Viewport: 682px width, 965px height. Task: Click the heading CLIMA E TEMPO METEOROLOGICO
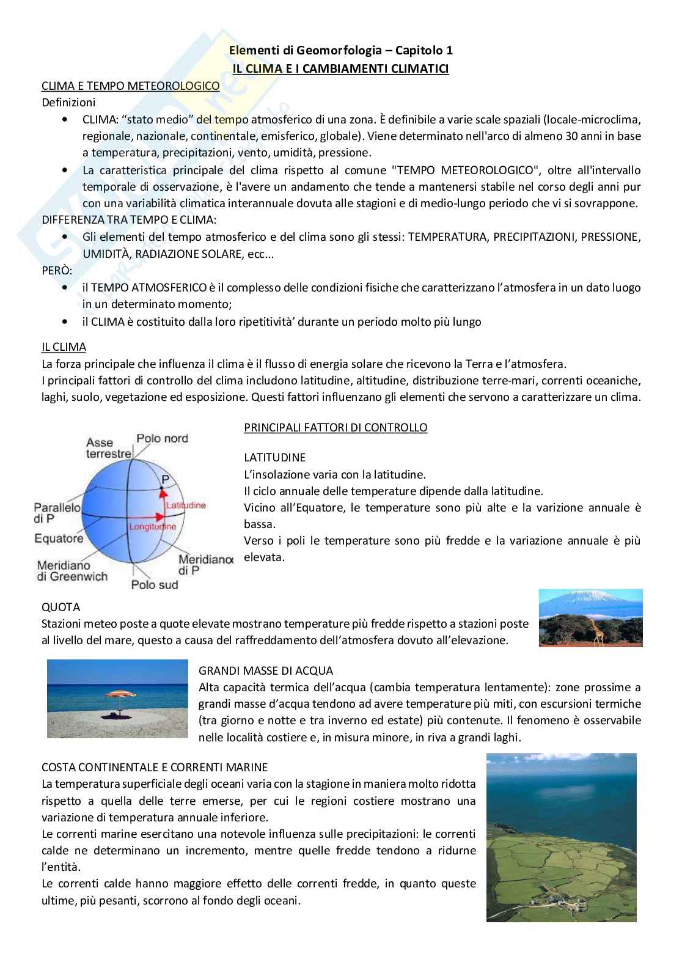130,86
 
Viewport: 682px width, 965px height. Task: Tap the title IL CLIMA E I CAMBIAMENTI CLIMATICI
340,68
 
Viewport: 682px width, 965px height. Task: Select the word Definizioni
68,103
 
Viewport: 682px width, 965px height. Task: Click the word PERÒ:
57,270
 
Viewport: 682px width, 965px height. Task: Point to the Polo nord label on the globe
162,438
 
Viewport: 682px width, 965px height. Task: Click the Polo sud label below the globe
155,585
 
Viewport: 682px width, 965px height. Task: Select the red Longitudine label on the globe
152,526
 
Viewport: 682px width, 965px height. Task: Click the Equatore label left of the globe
59,538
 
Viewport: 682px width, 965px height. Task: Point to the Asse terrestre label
108,448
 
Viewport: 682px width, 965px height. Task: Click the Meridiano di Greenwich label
71,571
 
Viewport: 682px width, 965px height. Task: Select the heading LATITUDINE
274,457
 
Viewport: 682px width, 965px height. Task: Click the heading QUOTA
61,607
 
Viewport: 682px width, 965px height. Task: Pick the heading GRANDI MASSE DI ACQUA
266,670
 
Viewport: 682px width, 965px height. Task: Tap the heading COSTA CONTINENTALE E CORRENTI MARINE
155,766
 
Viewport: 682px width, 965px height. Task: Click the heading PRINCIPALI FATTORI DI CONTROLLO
335,427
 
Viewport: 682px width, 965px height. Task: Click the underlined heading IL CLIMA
64,347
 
